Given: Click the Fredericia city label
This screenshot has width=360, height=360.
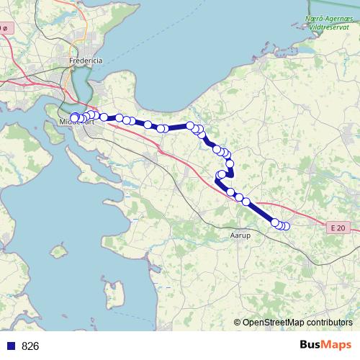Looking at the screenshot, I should click(86, 61).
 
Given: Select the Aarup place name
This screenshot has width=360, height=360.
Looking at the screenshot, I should click(239, 235).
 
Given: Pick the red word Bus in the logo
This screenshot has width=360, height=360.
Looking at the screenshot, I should click(312, 345).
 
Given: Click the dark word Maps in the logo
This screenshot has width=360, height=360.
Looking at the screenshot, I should click(338, 345).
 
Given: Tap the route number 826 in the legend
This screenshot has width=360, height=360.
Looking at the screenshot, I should click(30, 346).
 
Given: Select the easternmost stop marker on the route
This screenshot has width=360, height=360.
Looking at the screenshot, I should click(286, 226).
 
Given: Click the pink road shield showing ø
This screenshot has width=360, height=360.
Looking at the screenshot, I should click(4, 28).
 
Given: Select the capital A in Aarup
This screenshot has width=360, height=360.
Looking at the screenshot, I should click(231, 235).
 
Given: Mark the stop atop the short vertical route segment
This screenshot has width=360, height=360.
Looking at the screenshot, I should click(230, 163).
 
